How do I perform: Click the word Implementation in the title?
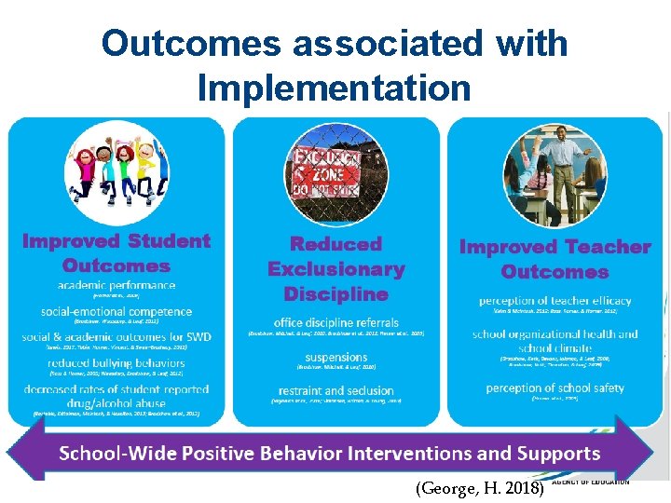pos(335,88)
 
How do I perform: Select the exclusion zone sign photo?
pos(335,174)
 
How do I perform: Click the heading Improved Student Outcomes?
pos(116,253)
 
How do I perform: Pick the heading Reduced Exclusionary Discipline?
pos(336,269)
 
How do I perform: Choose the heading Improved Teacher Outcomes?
pos(555,259)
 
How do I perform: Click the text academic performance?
pos(116,285)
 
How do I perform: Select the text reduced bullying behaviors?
pos(116,362)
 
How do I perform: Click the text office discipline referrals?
pos(336,322)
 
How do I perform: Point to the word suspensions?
pos(336,357)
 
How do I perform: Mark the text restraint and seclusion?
pos(336,391)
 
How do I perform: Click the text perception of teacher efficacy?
pos(555,301)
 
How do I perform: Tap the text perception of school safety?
pos(555,387)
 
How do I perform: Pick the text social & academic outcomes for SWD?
pos(116,336)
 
